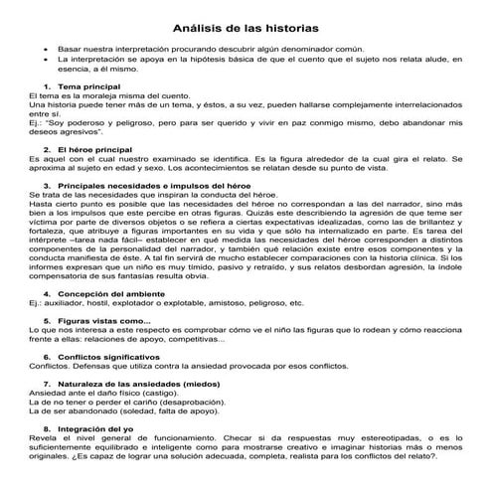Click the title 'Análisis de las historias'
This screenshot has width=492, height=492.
[246, 28]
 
